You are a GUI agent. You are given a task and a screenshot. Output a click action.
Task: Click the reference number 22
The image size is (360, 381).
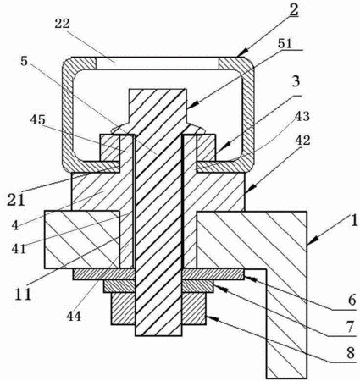point(62,24)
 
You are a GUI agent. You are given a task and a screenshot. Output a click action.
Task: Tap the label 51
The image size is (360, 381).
point(285,44)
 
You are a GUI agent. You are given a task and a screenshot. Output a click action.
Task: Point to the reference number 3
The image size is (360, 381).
point(296,82)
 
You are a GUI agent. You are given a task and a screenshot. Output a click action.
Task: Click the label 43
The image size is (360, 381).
point(302,116)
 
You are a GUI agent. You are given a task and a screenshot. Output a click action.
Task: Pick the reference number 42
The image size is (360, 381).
point(302,141)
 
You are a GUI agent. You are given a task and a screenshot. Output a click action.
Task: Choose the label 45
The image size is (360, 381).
point(38,119)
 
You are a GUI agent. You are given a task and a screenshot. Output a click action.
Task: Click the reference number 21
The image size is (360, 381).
point(15,200)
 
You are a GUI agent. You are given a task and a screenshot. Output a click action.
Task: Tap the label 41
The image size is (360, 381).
point(19,248)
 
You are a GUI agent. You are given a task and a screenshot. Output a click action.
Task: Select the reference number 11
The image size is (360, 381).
point(23,294)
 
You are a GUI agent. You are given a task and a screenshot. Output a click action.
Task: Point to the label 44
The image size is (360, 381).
point(74,316)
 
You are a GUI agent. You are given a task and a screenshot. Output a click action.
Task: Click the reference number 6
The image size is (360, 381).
point(352,301)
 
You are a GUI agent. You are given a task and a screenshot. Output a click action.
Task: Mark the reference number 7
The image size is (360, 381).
point(350,327)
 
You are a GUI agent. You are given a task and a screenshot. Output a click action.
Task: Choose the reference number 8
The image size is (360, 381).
point(351,353)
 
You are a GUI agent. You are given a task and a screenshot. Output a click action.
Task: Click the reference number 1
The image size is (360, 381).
point(353,220)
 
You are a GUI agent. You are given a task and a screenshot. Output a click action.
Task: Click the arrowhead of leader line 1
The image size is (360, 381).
point(312,242)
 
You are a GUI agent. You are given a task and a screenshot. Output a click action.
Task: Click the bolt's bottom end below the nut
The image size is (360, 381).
point(158,335)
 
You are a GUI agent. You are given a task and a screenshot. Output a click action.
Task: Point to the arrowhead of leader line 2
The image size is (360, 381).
point(243,52)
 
